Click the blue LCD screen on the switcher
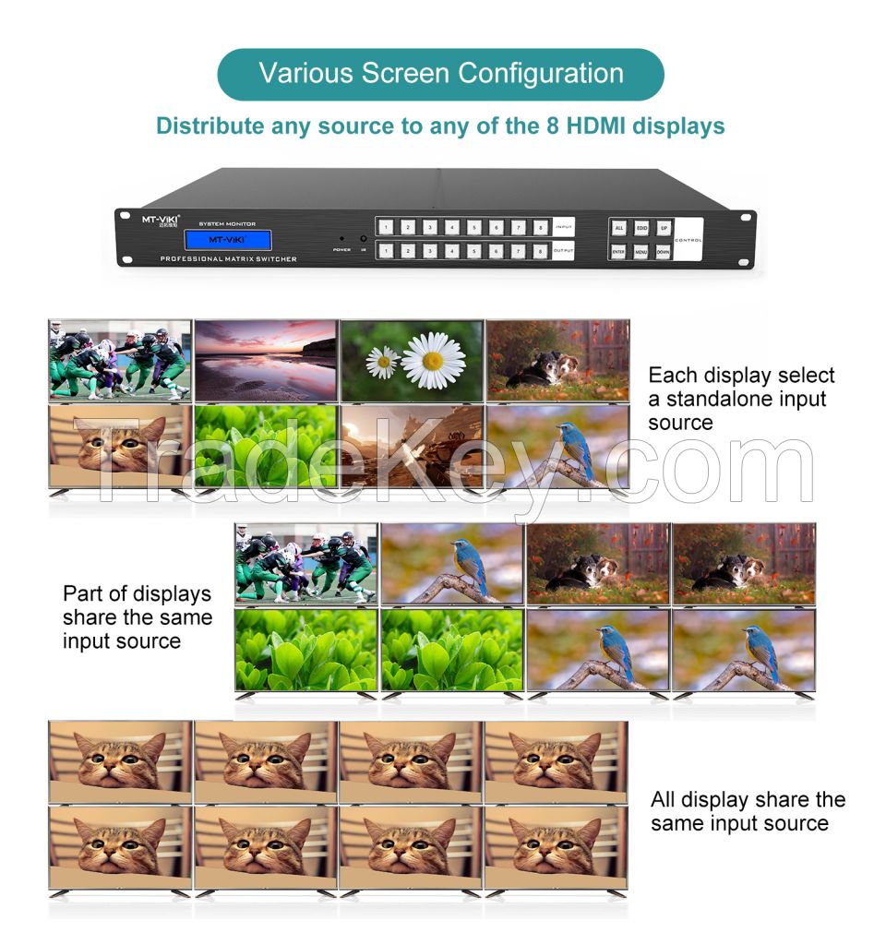pos(228,240)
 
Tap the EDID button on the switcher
pos(641,227)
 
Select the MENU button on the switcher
pos(641,251)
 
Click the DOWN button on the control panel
pos(663,251)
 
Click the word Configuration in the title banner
pos(533,74)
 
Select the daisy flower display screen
pos(412,361)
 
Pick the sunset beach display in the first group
pos(266,361)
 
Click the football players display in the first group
pos(120,361)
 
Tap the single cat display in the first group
pos(120,447)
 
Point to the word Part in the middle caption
pos(81,594)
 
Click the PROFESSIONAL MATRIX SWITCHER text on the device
pos(228,259)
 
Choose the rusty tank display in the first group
pos(412,447)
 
